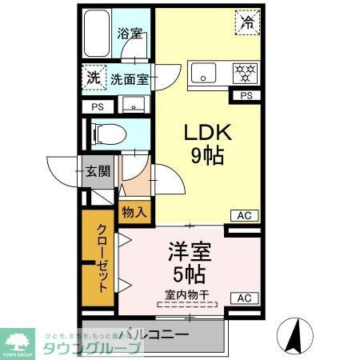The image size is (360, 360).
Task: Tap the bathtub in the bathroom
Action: tap(98, 35)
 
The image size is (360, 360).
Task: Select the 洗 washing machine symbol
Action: tap(94, 78)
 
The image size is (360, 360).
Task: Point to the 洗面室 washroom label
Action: tap(130, 79)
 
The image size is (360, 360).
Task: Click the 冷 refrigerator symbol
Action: tap(248, 22)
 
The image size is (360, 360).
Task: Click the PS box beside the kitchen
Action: tap(245, 97)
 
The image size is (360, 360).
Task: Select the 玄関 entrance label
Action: tap(98, 170)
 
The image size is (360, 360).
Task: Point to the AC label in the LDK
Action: tap(245, 214)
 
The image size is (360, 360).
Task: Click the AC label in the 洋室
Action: tap(245, 298)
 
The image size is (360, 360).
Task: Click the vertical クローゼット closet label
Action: tap(100, 260)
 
